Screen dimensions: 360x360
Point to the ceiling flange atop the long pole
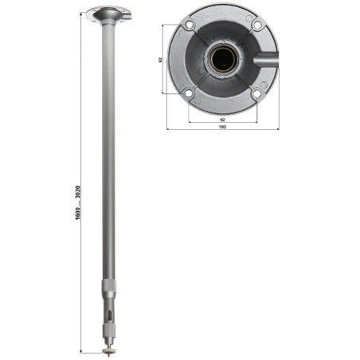point(105,14)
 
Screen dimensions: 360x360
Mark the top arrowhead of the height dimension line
point(85,10)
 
